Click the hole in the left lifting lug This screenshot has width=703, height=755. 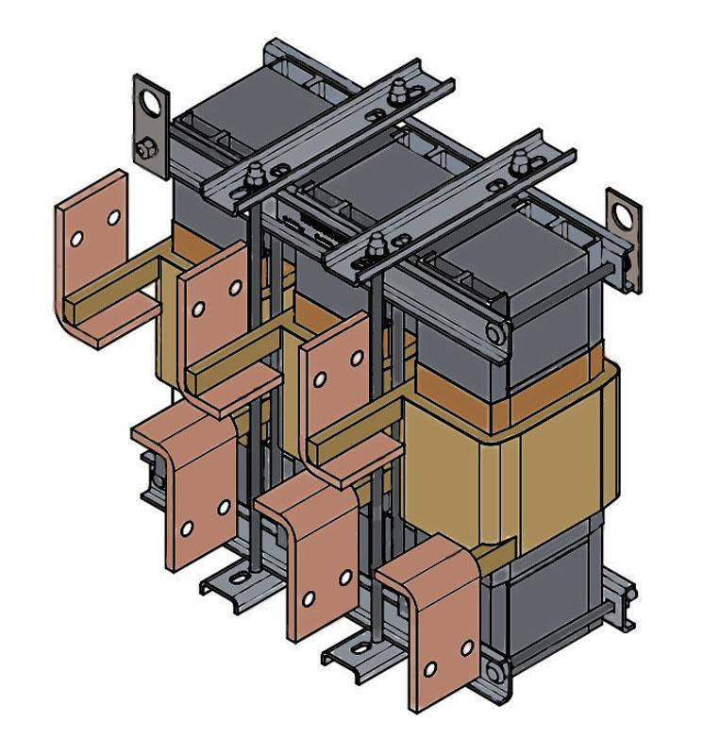(149, 101)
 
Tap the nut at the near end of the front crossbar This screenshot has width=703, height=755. (376, 246)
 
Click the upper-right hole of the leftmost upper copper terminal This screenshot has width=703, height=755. (113, 217)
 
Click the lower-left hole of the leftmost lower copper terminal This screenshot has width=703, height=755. (187, 528)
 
